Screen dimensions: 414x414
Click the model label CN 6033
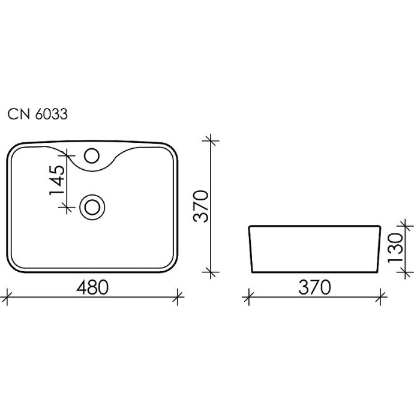click(x=37, y=115)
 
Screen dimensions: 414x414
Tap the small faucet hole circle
click(x=92, y=156)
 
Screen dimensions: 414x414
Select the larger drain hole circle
click(x=92, y=207)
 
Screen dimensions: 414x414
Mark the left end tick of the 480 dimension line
click(x=7, y=295)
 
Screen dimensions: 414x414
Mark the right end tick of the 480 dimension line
click(x=178, y=295)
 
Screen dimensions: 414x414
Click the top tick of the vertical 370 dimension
click(x=211, y=141)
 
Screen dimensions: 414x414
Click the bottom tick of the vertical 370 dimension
click(x=211, y=272)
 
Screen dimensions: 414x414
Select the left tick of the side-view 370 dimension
click(x=248, y=295)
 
